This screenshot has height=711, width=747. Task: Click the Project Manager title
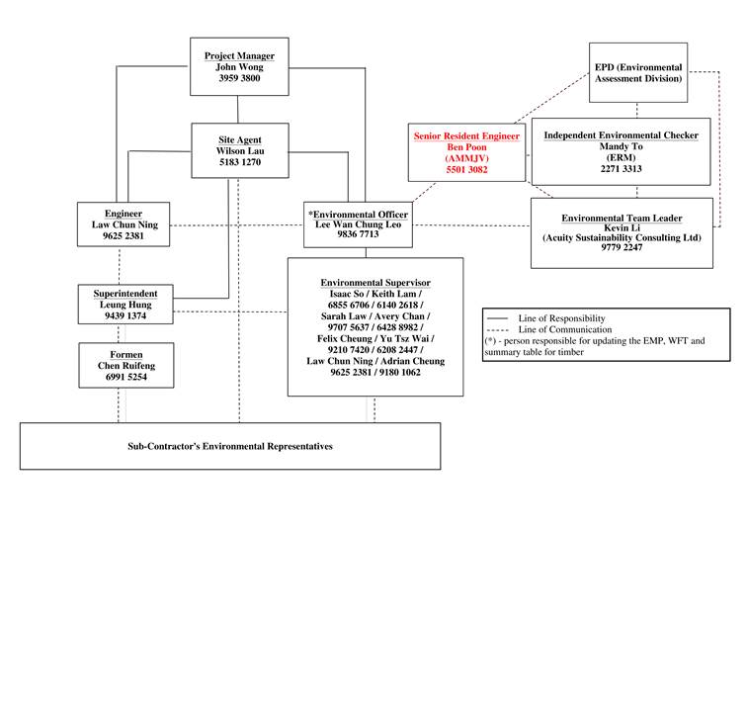(x=239, y=56)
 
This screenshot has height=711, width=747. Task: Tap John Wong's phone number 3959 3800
(x=239, y=78)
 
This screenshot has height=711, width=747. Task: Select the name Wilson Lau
(x=239, y=151)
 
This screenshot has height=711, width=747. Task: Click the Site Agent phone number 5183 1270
(x=239, y=162)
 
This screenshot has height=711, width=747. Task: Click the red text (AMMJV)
(x=466, y=158)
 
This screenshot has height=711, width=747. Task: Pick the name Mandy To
(x=621, y=146)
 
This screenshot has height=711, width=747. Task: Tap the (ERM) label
(x=621, y=157)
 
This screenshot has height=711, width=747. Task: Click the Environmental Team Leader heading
(x=622, y=218)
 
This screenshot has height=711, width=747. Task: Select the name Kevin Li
(x=622, y=227)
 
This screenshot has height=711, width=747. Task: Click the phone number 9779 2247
(x=622, y=248)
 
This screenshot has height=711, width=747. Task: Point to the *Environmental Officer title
(x=358, y=215)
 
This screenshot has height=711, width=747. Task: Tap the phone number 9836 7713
(x=358, y=235)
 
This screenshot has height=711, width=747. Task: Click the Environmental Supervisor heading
(x=375, y=284)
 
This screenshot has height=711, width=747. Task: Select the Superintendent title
(x=132, y=294)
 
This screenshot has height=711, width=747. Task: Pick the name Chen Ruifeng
(x=125, y=366)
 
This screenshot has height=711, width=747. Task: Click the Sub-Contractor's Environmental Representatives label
(x=230, y=447)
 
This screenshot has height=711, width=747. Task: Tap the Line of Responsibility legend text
(x=561, y=318)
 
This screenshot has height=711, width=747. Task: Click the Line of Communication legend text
(x=565, y=329)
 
